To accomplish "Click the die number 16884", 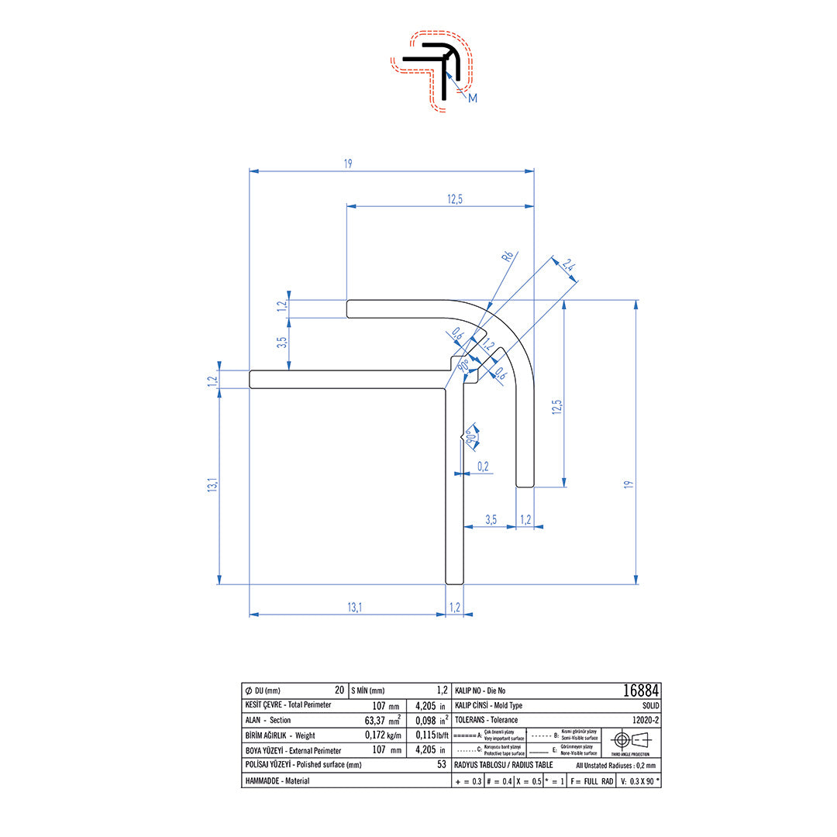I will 641,690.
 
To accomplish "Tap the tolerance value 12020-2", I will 645,720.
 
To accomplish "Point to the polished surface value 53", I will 441,765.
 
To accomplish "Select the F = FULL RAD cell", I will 591,781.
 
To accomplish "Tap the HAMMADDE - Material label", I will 277,781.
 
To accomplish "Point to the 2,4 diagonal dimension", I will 568,266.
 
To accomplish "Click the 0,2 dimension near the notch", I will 483,466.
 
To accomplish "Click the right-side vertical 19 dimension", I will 629,484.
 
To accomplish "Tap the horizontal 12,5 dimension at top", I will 454,199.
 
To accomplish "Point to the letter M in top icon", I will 473,98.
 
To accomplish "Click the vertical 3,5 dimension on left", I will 282,340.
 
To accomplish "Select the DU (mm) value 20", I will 339,690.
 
